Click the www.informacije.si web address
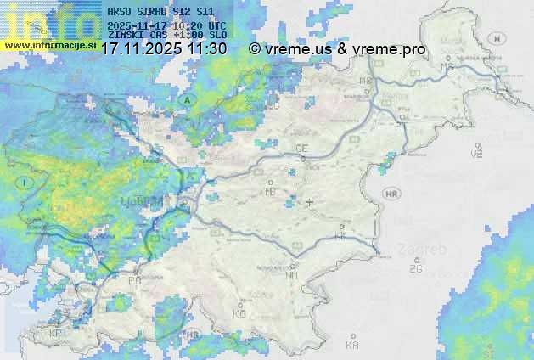click(x=49, y=44)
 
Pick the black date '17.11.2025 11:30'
click(x=164, y=49)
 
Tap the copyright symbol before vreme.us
click(x=254, y=49)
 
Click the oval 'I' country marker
click(x=26, y=183)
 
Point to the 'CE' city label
click(x=301, y=149)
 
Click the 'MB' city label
click(x=366, y=81)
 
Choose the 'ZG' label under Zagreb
click(x=415, y=268)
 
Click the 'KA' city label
click(x=352, y=345)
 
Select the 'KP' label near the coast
click(x=56, y=334)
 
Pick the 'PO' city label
click(x=134, y=279)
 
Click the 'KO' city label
click(x=239, y=313)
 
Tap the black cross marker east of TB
click(x=309, y=202)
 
